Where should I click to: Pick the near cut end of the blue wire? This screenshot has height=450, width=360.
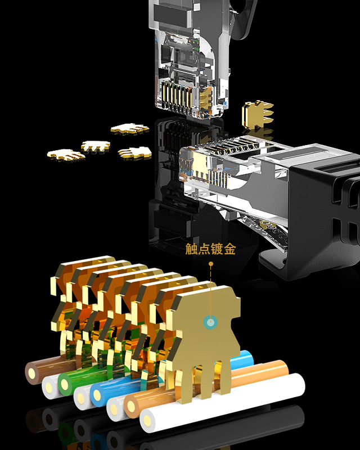point(100,394)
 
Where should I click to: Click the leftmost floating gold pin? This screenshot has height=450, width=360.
point(65,154)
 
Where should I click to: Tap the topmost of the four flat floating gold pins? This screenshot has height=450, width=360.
point(129,129)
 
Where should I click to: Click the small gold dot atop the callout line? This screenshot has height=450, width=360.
point(211,263)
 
